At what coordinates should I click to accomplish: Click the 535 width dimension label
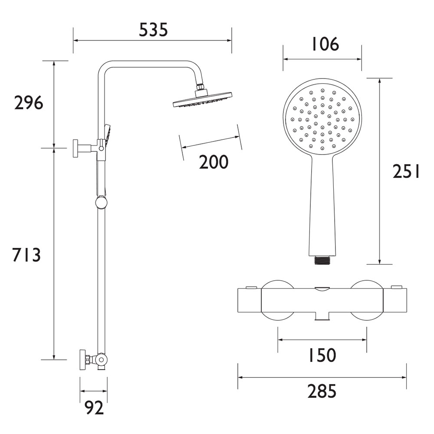[153, 30]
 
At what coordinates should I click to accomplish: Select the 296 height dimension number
[29, 103]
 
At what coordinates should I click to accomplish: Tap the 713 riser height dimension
[27, 255]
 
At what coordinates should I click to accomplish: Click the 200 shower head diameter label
[214, 162]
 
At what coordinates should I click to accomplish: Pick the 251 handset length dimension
[406, 171]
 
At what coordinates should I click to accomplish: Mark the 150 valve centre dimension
[322, 355]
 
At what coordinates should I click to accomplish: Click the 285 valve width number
[322, 391]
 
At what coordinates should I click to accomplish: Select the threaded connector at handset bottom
[322, 260]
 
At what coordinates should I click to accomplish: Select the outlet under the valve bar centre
[322, 318]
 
